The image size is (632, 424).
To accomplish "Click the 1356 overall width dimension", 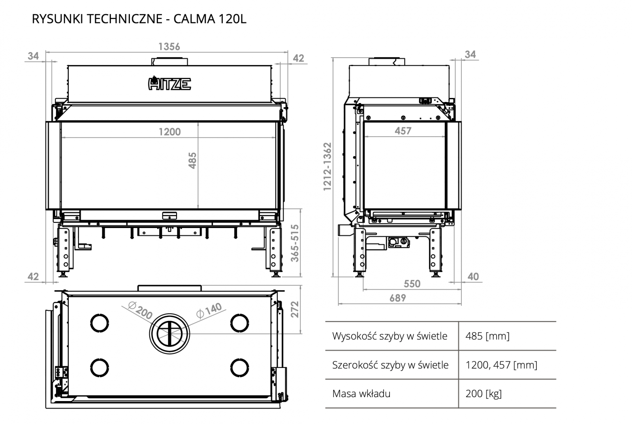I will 169,47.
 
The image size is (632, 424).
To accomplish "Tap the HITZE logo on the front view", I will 169,83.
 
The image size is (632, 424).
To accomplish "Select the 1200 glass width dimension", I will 169,132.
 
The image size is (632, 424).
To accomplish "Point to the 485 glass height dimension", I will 192,160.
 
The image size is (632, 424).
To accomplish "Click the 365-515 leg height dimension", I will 295,243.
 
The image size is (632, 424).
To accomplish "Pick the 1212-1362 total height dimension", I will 327,166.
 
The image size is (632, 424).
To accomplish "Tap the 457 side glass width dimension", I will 403,131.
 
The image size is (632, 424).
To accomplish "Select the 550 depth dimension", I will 412,283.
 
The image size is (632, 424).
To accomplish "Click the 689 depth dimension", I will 397,298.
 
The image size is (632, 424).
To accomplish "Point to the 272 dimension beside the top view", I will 295,309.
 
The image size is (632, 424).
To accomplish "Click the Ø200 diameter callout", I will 141,311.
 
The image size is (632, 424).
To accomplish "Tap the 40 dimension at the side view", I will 473,276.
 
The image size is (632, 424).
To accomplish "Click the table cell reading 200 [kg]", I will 483,394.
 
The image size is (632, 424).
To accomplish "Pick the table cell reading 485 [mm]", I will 487,336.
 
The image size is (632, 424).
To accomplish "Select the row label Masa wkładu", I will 361,394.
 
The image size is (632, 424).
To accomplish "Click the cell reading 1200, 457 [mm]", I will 501,365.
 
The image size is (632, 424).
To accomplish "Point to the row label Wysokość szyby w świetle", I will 389,336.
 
